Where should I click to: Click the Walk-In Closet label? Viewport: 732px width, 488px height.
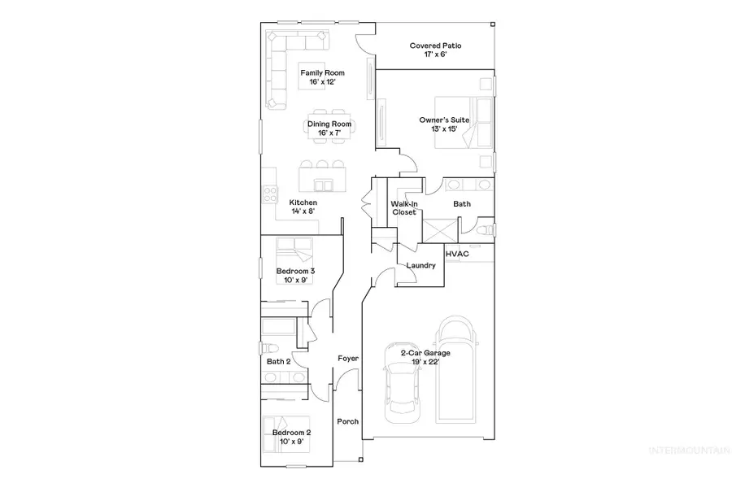tap(403, 207)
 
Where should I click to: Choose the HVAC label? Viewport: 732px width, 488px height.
tap(455, 254)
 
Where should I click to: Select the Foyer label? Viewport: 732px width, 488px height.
tap(349, 358)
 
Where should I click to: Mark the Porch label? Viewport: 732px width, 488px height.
tap(348, 421)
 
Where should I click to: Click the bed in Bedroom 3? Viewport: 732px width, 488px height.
tap(293, 248)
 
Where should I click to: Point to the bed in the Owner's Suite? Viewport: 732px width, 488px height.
tap(464, 122)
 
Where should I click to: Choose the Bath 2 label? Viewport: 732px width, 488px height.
tap(278, 361)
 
